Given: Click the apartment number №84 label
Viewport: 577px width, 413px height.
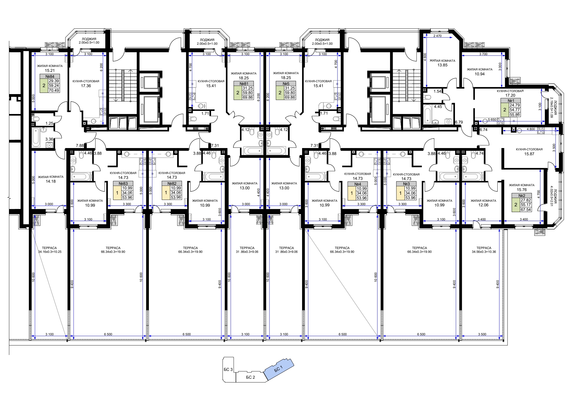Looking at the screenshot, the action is pyautogui.click(x=50, y=76).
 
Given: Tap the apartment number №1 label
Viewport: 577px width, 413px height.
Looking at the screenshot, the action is pyautogui.click(x=511, y=101).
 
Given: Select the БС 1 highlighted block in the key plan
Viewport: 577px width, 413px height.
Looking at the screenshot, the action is pyautogui.click(x=278, y=369).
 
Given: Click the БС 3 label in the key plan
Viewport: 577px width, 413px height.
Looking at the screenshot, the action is pyautogui.click(x=228, y=369).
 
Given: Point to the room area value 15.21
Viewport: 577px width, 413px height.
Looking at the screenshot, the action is pyautogui.click(x=50, y=70).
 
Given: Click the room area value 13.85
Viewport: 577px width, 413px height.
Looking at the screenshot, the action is pyautogui.click(x=442, y=65).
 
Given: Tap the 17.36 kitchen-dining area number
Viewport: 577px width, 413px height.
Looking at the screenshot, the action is pyautogui.click(x=86, y=86).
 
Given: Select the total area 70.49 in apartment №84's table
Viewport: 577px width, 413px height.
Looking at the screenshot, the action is pyautogui.click(x=54, y=90).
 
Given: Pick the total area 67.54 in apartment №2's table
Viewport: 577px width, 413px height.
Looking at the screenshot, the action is pyautogui.click(x=526, y=210).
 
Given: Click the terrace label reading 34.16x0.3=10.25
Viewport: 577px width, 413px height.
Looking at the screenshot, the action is pyautogui.click(x=50, y=252).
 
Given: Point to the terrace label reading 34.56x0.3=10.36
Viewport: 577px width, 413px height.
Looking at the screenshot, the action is pyautogui.click(x=484, y=252).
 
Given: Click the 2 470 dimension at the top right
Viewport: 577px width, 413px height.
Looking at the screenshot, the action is pyautogui.click(x=437, y=36).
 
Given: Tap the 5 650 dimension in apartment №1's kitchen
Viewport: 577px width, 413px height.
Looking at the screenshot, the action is pyautogui.click(x=492, y=119).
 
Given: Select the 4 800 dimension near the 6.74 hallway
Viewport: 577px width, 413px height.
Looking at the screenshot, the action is pyautogui.click(x=531, y=129).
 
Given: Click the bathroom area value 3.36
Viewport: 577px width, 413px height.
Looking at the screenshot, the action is pyautogui.click(x=49, y=139).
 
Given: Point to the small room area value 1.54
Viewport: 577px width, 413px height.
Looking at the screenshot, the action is pyautogui.click(x=437, y=91).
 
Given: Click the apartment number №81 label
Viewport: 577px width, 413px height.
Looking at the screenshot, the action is pyautogui.click(x=244, y=84).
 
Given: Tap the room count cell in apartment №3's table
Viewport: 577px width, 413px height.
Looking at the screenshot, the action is pyautogui.click(x=400, y=193).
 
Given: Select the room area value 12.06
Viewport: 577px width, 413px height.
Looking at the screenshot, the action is pyautogui.click(x=483, y=205).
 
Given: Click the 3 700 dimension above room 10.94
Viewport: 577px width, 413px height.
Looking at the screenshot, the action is pyautogui.click(x=483, y=54).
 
